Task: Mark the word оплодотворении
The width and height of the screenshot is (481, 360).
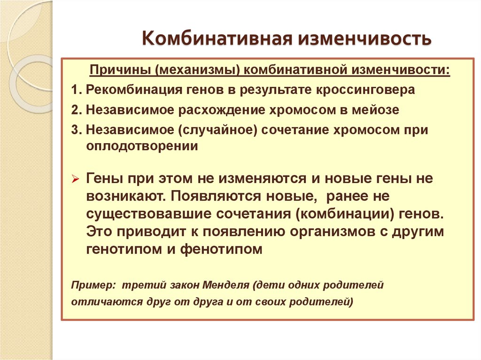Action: pyautogui.click(x=142, y=146)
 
